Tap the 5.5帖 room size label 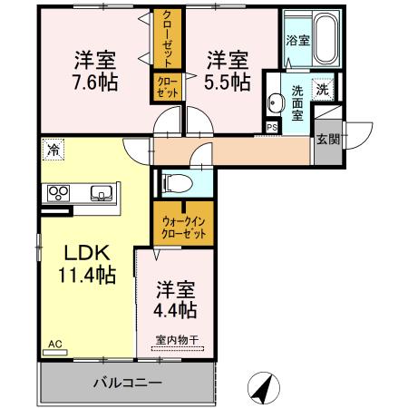click(227, 82)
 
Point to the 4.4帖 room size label click(176, 309)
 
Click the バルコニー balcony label click(127, 383)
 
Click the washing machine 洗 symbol click(322, 89)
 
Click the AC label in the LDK click(54, 345)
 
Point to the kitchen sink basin click(100, 192)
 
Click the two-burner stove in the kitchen click(57, 192)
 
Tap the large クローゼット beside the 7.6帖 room click(166, 39)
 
